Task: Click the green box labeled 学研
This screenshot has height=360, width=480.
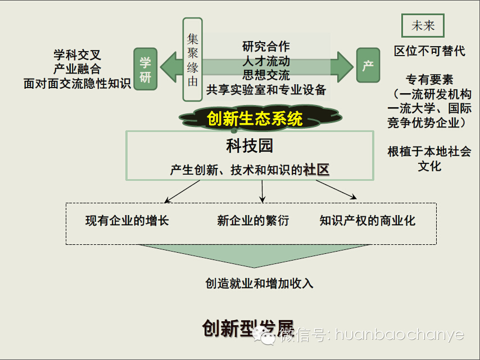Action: click(x=145, y=69)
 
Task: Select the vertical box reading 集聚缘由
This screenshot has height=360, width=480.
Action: click(x=192, y=60)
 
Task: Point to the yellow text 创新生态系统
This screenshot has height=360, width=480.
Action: click(x=255, y=119)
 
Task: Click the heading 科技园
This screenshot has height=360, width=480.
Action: click(x=250, y=147)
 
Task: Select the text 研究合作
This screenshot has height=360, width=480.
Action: click(x=266, y=46)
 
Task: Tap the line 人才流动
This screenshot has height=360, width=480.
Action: click(x=266, y=61)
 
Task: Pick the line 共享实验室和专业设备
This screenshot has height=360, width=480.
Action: click(x=266, y=90)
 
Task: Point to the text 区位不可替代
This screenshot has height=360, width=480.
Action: click(x=429, y=51)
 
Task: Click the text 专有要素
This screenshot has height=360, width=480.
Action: click(x=429, y=80)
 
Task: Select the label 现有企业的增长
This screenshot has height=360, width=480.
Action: click(x=127, y=221)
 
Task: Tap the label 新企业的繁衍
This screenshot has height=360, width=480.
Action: click(x=253, y=221)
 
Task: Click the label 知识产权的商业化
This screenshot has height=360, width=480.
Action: click(x=368, y=221)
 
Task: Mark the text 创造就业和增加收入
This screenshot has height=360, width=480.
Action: click(x=259, y=284)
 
